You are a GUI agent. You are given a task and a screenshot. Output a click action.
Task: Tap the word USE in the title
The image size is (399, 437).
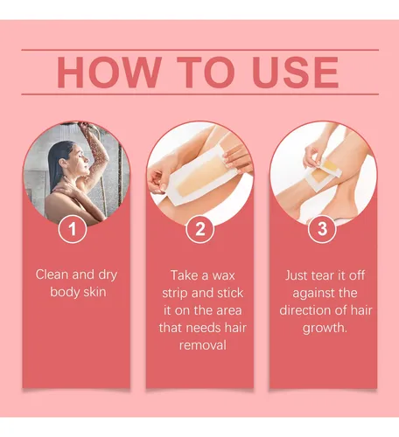click(x=296, y=73)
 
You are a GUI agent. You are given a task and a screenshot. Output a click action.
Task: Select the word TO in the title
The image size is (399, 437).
click(x=206, y=73)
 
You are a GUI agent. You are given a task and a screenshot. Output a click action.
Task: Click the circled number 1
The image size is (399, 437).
click(x=73, y=229)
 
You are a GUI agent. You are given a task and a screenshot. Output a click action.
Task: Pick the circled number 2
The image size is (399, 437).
click(x=200, y=229)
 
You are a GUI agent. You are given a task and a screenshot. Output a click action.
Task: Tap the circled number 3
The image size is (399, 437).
click(x=322, y=229)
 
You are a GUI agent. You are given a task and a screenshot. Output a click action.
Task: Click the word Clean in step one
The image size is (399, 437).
click(x=52, y=274)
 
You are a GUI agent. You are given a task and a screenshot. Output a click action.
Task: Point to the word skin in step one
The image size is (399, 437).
click(x=94, y=292)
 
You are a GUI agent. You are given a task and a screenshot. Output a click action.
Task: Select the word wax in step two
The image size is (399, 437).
click(x=223, y=275)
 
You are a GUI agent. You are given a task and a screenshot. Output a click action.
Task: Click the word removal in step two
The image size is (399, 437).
click(x=203, y=345)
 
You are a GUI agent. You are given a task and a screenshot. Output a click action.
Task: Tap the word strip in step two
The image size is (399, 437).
click(x=175, y=294)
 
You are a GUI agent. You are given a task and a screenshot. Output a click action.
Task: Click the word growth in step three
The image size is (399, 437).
click(x=325, y=329)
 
